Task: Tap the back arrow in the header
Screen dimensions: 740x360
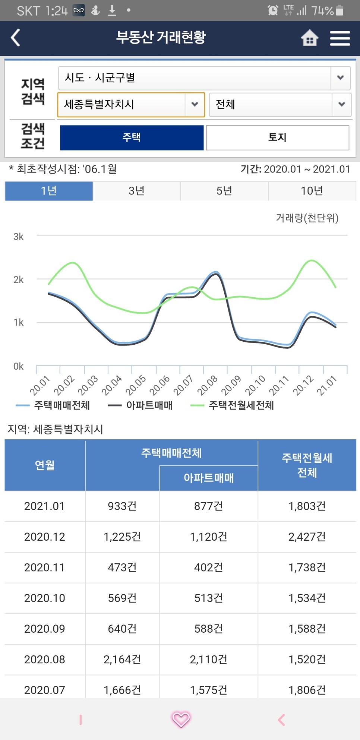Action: (16, 38)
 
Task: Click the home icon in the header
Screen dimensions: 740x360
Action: (309, 38)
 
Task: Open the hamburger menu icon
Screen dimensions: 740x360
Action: (340, 38)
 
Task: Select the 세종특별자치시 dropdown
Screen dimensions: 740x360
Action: (131, 105)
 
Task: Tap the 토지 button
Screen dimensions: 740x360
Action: (277, 137)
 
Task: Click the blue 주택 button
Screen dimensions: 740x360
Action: (132, 137)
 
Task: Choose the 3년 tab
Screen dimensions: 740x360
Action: (136, 191)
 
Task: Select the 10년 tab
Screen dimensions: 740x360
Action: (312, 191)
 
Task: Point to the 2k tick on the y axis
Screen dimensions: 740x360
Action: (19, 279)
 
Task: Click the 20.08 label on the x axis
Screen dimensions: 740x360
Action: (207, 385)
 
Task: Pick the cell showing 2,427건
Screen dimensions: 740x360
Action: (307, 537)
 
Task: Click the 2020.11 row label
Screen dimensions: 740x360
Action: (44, 567)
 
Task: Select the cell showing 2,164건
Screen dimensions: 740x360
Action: (122, 660)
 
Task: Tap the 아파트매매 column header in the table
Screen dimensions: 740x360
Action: (208, 478)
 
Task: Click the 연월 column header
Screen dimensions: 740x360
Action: (45, 465)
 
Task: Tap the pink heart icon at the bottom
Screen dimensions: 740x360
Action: (181, 719)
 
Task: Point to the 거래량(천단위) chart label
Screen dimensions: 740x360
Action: (307, 218)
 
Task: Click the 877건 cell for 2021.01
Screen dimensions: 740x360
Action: (208, 506)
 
